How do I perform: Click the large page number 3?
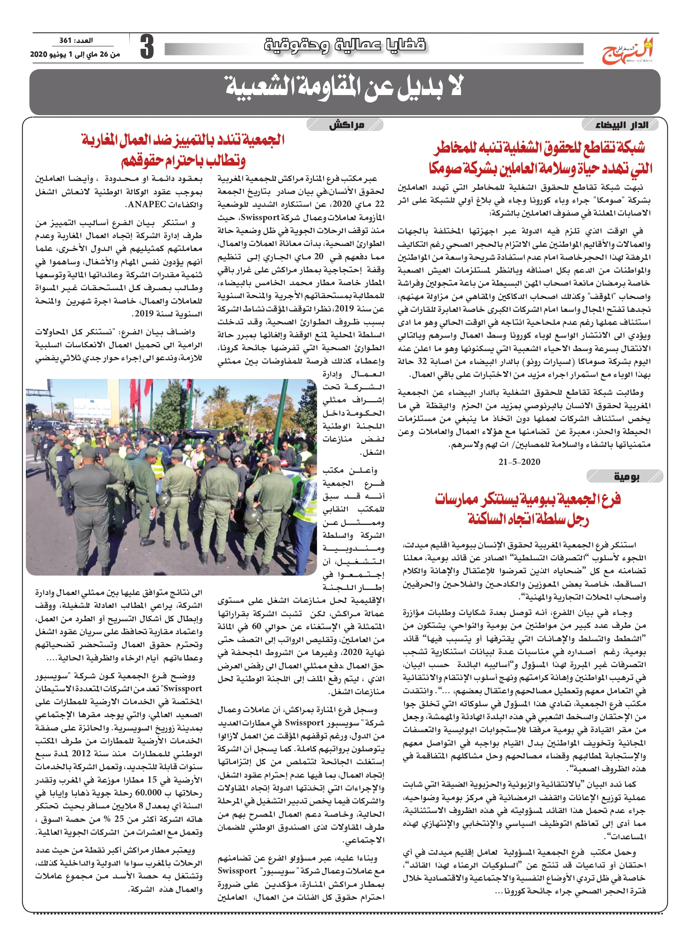click(146, 47)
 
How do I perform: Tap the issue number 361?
click(65, 40)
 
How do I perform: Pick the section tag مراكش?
click(346, 124)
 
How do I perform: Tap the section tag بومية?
click(626, 477)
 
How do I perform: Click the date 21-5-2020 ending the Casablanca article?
click(519, 462)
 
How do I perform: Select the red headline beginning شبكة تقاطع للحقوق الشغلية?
click(539, 147)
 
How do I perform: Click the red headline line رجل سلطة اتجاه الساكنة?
click(528, 520)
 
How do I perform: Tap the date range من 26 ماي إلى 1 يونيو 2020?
click(75, 54)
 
